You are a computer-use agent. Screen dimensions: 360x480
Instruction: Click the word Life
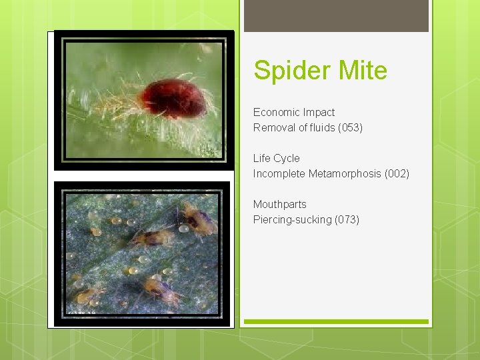click(261, 158)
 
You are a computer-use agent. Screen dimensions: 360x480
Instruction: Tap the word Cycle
click(287, 158)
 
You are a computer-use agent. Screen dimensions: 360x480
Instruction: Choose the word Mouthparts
click(279, 204)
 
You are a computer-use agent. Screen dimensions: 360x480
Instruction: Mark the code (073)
click(347, 219)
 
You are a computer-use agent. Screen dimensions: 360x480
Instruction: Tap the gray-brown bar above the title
click(336, 16)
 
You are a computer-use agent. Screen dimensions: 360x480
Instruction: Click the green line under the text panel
click(336, 321)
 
